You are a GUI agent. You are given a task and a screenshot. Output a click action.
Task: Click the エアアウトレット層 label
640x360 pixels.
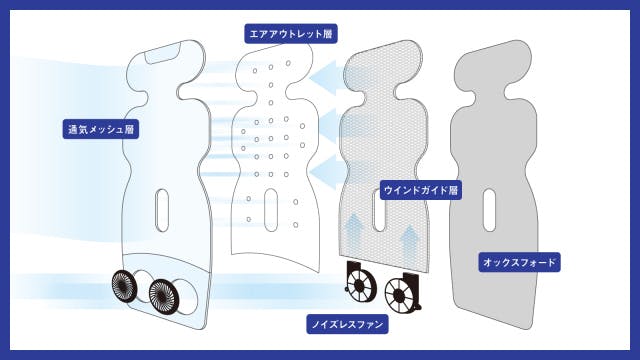[x=291, y=33]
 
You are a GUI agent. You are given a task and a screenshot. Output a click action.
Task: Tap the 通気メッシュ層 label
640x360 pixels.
[x=101, y=129]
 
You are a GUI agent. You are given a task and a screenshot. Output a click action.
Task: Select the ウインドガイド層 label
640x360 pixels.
[x=421, y=190]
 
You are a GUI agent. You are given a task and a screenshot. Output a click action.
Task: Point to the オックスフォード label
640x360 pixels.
[x=519, y=262]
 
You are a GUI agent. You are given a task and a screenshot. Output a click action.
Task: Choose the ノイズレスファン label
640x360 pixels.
[x=347, y=324]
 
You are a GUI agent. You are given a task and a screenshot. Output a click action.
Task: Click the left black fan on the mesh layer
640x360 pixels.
[x=125, y=286]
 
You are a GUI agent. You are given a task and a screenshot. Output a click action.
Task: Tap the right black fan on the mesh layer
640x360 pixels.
[x=164, y=296]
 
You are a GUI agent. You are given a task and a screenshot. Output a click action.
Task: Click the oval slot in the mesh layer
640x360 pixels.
[x=162, y=210]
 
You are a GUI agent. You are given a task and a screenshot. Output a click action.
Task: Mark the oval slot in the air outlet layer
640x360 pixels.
[x=271, y=211]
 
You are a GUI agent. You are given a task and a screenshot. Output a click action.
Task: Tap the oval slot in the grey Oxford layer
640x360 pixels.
[x=489, y=210]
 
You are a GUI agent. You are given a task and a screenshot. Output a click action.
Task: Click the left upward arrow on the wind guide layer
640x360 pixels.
[x=354, y=231]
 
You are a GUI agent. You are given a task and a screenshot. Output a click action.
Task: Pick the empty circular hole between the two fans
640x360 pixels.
[x=143, y=286]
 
